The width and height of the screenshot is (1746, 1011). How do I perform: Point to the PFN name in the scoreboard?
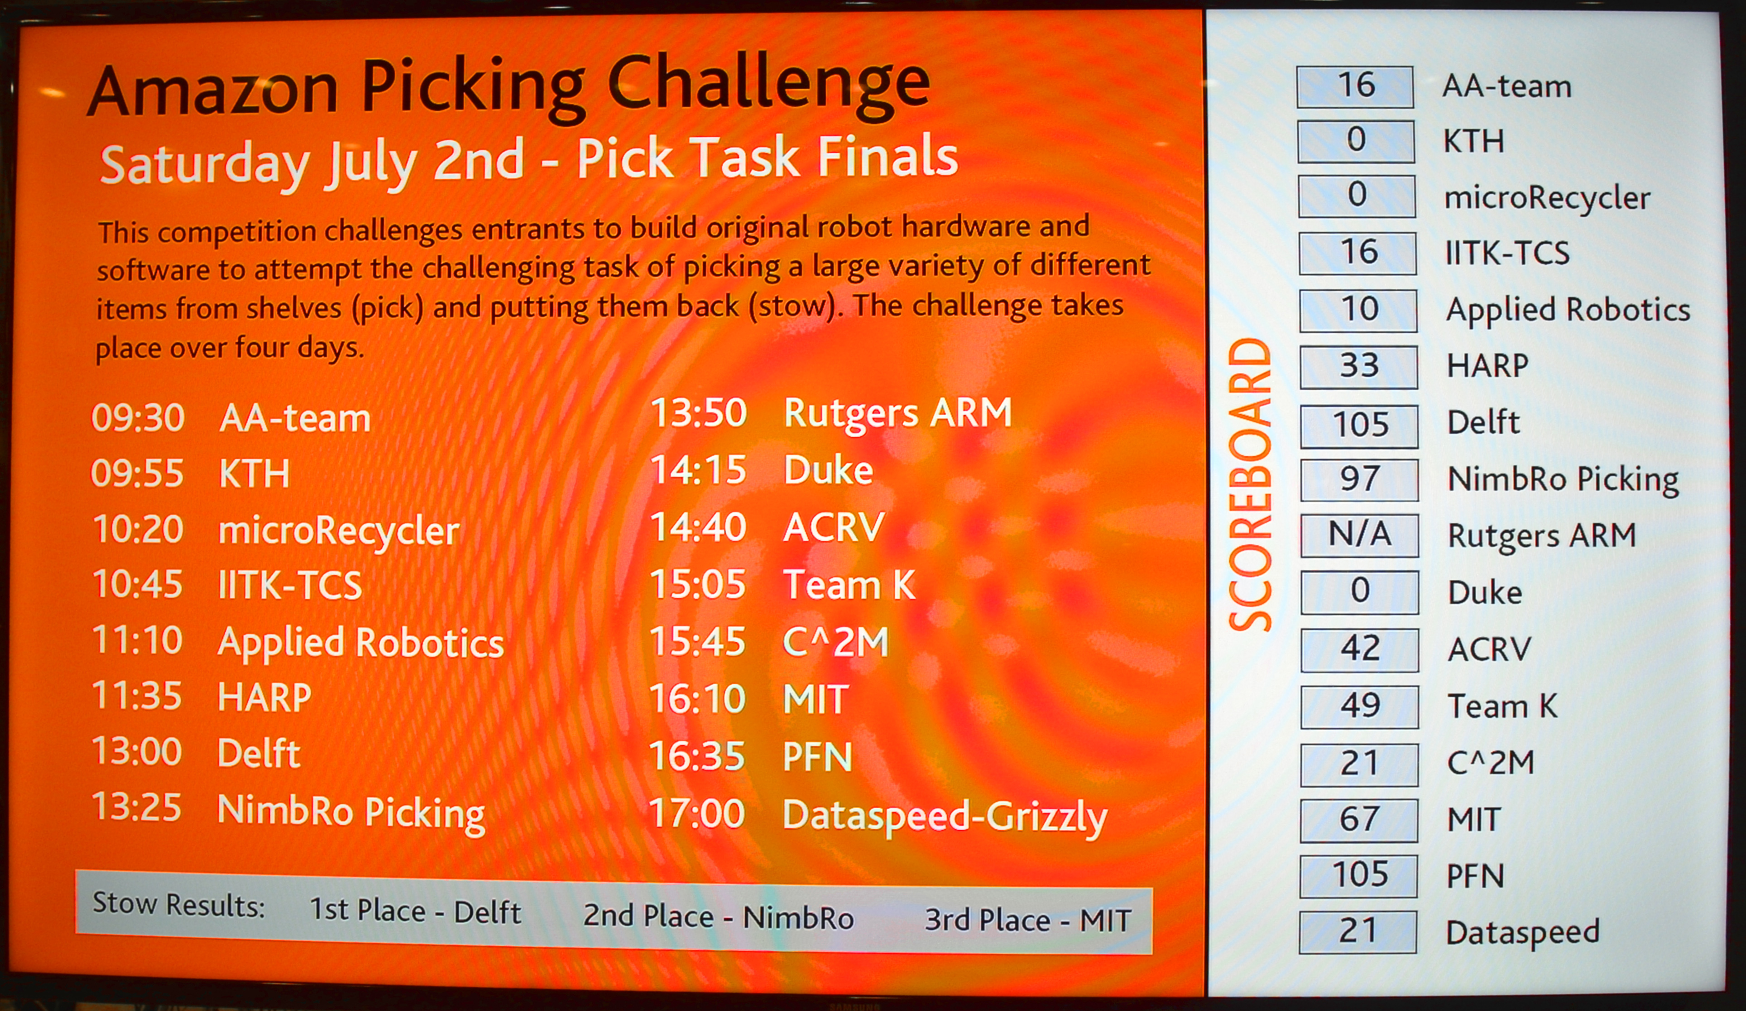pyautogui.click(x=1475, y=876)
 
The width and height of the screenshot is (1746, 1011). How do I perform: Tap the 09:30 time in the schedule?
pyautogui.click(x=138, y=418)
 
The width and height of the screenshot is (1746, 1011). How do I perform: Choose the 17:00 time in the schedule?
pyautogui.click(x=697, y=814)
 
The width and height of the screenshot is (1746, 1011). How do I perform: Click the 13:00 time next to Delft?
pyautogui.click(x=136, y=752)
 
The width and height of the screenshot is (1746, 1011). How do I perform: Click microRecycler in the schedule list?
pyautogui.click(x=339, y=531)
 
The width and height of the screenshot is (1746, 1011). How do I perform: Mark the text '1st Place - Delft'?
pyautogui.click(x=415, y=910)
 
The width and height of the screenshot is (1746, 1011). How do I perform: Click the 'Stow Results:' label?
pyautogui.click(x=179, y=904)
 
